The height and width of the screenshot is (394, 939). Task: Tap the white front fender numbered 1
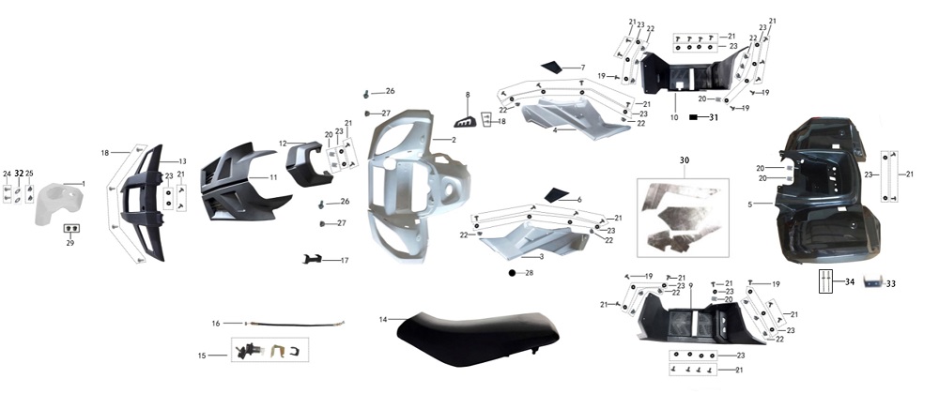coord(58,201)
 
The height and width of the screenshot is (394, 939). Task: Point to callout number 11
coord(273,177)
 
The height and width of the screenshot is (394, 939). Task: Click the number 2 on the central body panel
coord(453,140)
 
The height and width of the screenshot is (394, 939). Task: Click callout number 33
coord(891,283)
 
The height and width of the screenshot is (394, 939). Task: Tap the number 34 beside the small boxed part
coord(849,280)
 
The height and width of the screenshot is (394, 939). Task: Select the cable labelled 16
coord(291,325)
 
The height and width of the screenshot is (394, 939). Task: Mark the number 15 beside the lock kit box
coord(201,356)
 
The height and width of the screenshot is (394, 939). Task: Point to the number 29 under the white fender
coord(70,243)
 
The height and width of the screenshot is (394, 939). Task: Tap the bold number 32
coord(19,174)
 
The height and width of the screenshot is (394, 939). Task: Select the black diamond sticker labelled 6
coord(558,194)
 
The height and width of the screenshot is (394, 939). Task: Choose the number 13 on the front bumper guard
coord(182,161)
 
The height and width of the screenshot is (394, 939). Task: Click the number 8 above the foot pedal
coord(467,95)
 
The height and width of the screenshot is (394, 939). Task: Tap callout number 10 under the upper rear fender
coord(673,118)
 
